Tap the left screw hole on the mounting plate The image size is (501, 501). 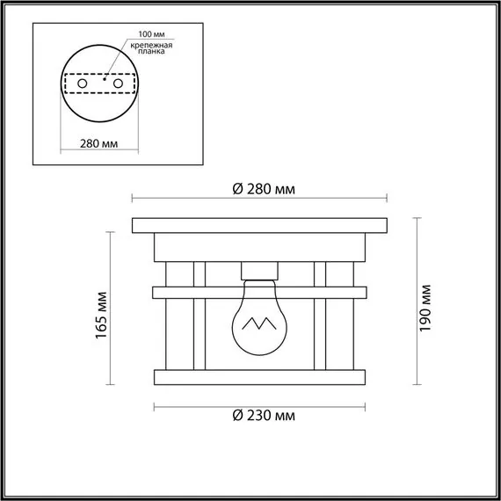point(82,83)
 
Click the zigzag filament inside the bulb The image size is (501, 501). point(259,324)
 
